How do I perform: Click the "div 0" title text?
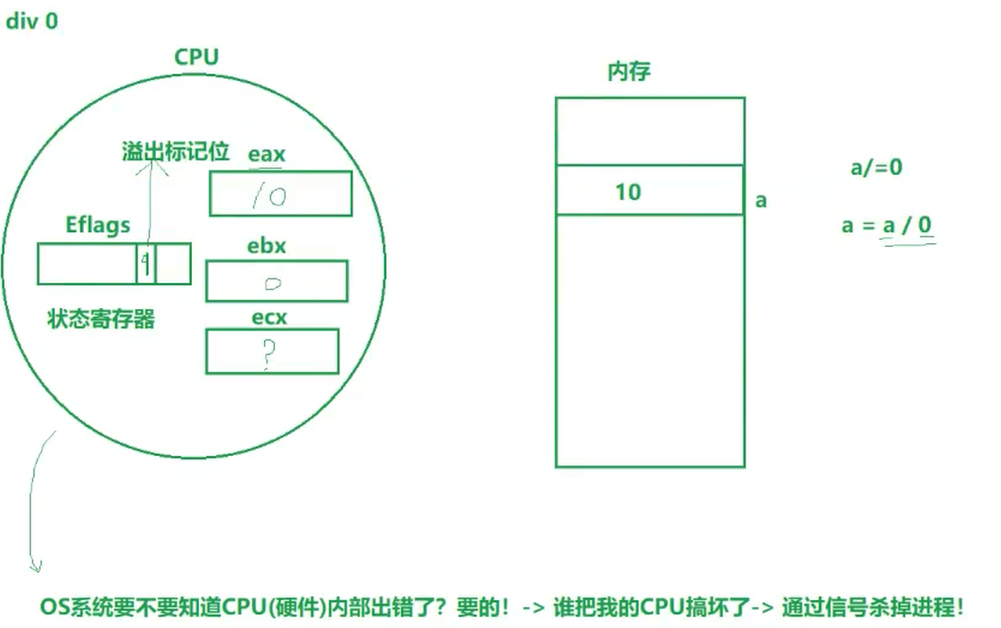[x=32, y=21]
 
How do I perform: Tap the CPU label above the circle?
[x=196, y=58]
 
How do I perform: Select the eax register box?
[x=280, y=194]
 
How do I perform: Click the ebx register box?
[x=277, y=281]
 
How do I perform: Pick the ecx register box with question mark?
[x=272, y=351]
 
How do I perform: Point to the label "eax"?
[x=267, y=154]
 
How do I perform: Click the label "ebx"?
[x=266, y=246]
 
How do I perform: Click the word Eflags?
[x=98, y=225]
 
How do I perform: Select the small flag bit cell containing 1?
[x=146, y=263]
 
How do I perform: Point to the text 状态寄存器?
[x=101, y=319]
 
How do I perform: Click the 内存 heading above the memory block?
[x=628, y=72]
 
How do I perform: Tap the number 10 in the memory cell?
[x=628, y=192]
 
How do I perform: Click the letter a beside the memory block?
[x=761, y=200]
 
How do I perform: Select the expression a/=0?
[x=877, y=168]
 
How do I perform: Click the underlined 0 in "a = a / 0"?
[x=924, y=225]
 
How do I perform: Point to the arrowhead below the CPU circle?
[x=36, y=566]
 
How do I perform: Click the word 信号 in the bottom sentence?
[x=844, y=606]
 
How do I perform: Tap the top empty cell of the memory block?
[x=650, y=131]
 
